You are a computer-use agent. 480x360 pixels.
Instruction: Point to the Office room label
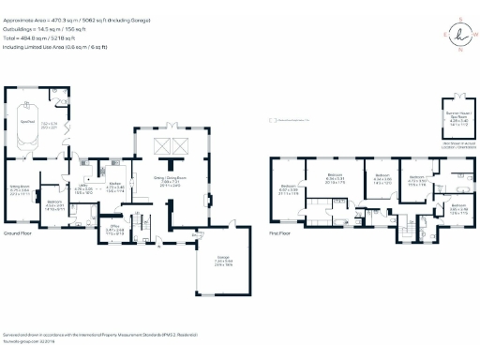pyautogui.click(x=113, y=228)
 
